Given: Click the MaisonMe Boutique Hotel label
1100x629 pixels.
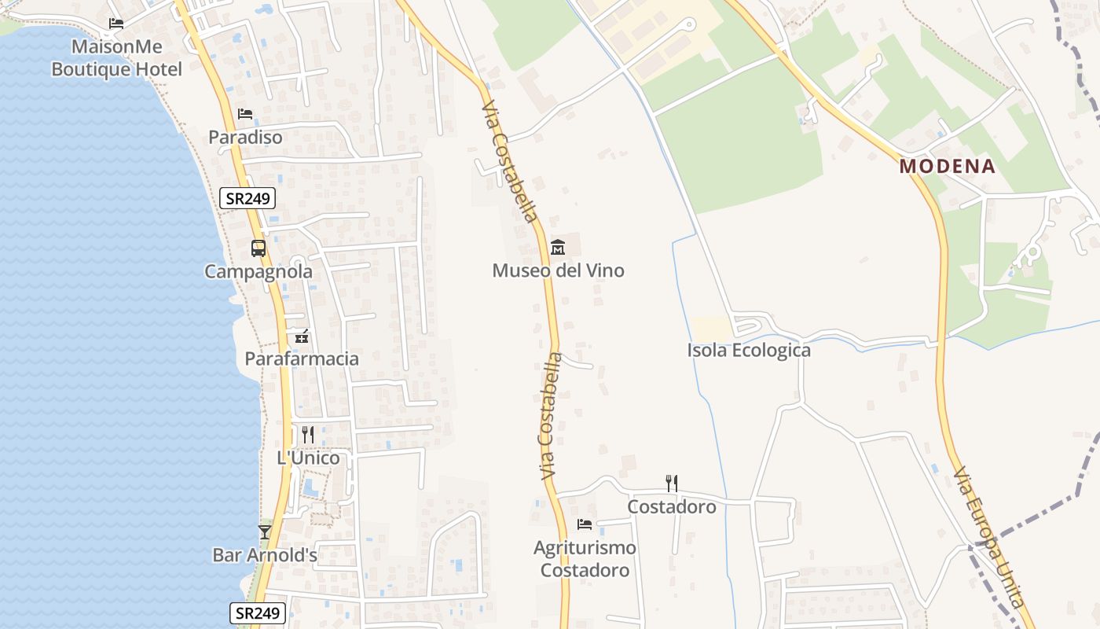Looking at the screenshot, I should click(x=116, y=58).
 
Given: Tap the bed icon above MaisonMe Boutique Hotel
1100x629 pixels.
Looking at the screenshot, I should click(x=116, y=23).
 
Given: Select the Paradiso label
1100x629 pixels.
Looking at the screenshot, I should click(x=245, y=137).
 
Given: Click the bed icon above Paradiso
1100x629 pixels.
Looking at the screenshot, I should click(x=245, y=114).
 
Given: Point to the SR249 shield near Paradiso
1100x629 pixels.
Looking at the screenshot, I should click(x=247, y=198).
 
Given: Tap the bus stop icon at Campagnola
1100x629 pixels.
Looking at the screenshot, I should click(x=258, y=248).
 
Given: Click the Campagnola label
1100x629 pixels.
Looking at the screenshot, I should click(x=258, y=272).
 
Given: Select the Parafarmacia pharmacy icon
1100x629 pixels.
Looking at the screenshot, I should click(x=302, y=337).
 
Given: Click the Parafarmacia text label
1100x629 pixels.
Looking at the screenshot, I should click(x=302, y=359).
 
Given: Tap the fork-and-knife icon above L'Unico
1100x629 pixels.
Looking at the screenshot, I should click(x=308, y=435).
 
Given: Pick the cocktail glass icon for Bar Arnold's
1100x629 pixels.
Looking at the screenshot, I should click(x=265, y=532).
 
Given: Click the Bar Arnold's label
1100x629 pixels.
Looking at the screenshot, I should click(x=265, y=555).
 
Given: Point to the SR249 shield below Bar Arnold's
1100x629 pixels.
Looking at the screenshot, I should click(x=258, y=613).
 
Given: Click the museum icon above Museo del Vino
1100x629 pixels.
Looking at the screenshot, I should click(x=558, y=247).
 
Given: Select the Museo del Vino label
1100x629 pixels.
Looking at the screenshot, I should click(x=558, y=270).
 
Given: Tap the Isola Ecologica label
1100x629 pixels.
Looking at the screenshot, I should click(x=749, y=351).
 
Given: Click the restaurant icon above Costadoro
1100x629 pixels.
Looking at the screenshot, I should click(x=672, y=483).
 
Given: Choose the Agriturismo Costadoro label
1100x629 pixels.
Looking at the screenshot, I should click(x=585, y=559).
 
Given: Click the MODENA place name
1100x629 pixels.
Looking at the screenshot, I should click(x=948, y=167).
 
